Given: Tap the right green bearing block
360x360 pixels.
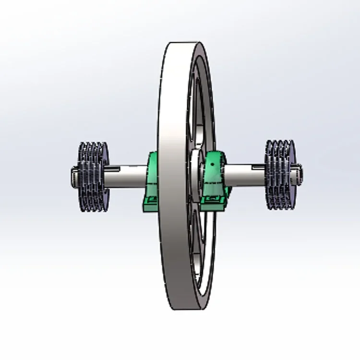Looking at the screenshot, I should click(215, 178).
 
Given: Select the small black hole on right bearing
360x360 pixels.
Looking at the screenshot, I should click(212, 164).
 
